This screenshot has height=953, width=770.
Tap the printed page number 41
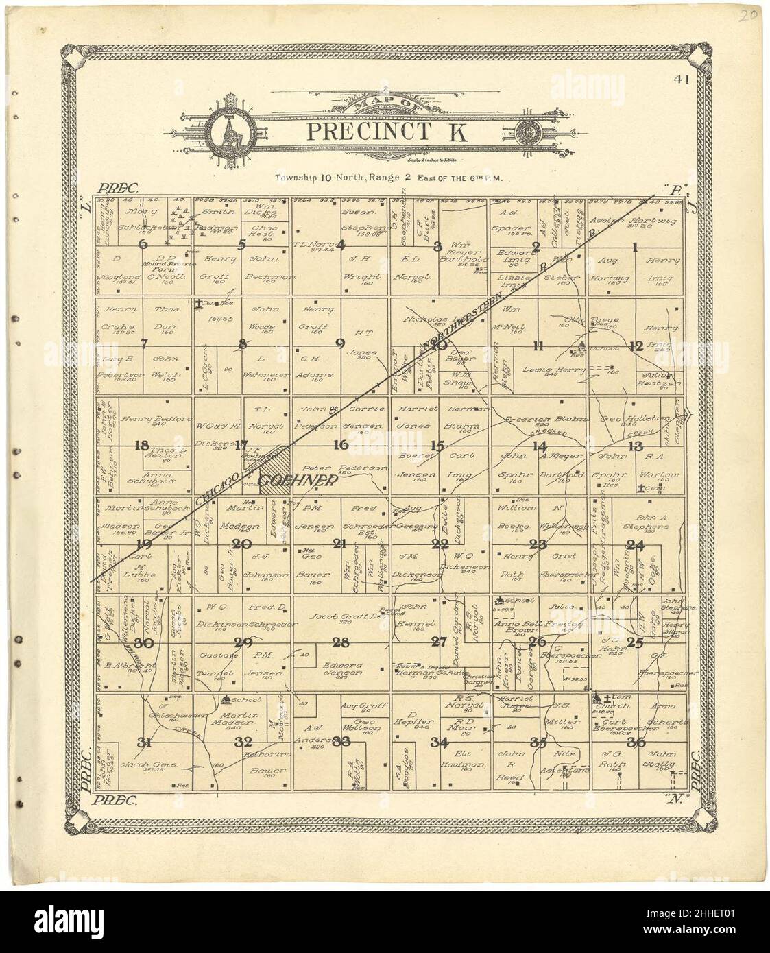click(681, 80)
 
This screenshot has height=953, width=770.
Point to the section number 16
click(341, 446)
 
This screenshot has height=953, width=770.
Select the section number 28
click(341, 642)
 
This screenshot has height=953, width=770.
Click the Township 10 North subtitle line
click(389, 177)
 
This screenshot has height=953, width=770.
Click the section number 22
click(440, 544)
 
